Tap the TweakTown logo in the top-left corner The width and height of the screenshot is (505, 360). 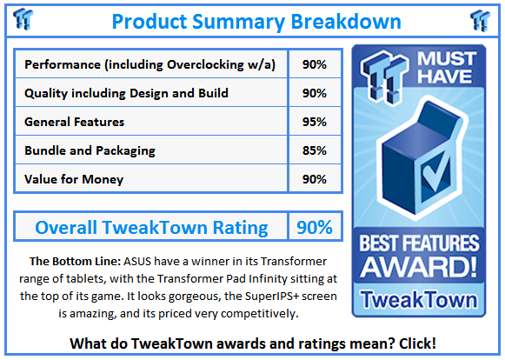[x=24, y=20]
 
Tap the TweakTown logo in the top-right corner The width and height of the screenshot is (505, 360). [x=481, y=20]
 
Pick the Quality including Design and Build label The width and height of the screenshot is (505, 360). [x=127, y=93]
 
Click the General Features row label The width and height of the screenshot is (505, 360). [x=75, y=122]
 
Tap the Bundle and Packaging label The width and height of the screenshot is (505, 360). [x=90, y=150]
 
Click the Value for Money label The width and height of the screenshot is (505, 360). [x=74, y=179]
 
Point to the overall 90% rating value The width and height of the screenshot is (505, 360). [x=314, y=228]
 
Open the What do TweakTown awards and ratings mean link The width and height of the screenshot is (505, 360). [x=252, y=343]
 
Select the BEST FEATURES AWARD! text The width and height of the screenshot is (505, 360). [x=418, y=252]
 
